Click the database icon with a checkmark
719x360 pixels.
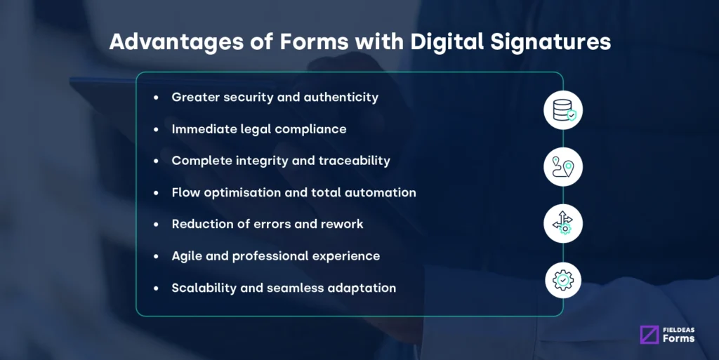[x=563, y=110]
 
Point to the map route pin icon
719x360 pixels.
[x=563, y=167]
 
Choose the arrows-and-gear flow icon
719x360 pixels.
[x=563, y=224]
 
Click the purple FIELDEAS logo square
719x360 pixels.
[x=649, y=335]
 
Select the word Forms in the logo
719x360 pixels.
[x=678, y=339]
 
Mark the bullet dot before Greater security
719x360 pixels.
[x=156, y=98]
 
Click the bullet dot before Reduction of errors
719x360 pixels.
[x=156, y=225]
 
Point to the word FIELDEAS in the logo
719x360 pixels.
[x=678, y=329]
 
